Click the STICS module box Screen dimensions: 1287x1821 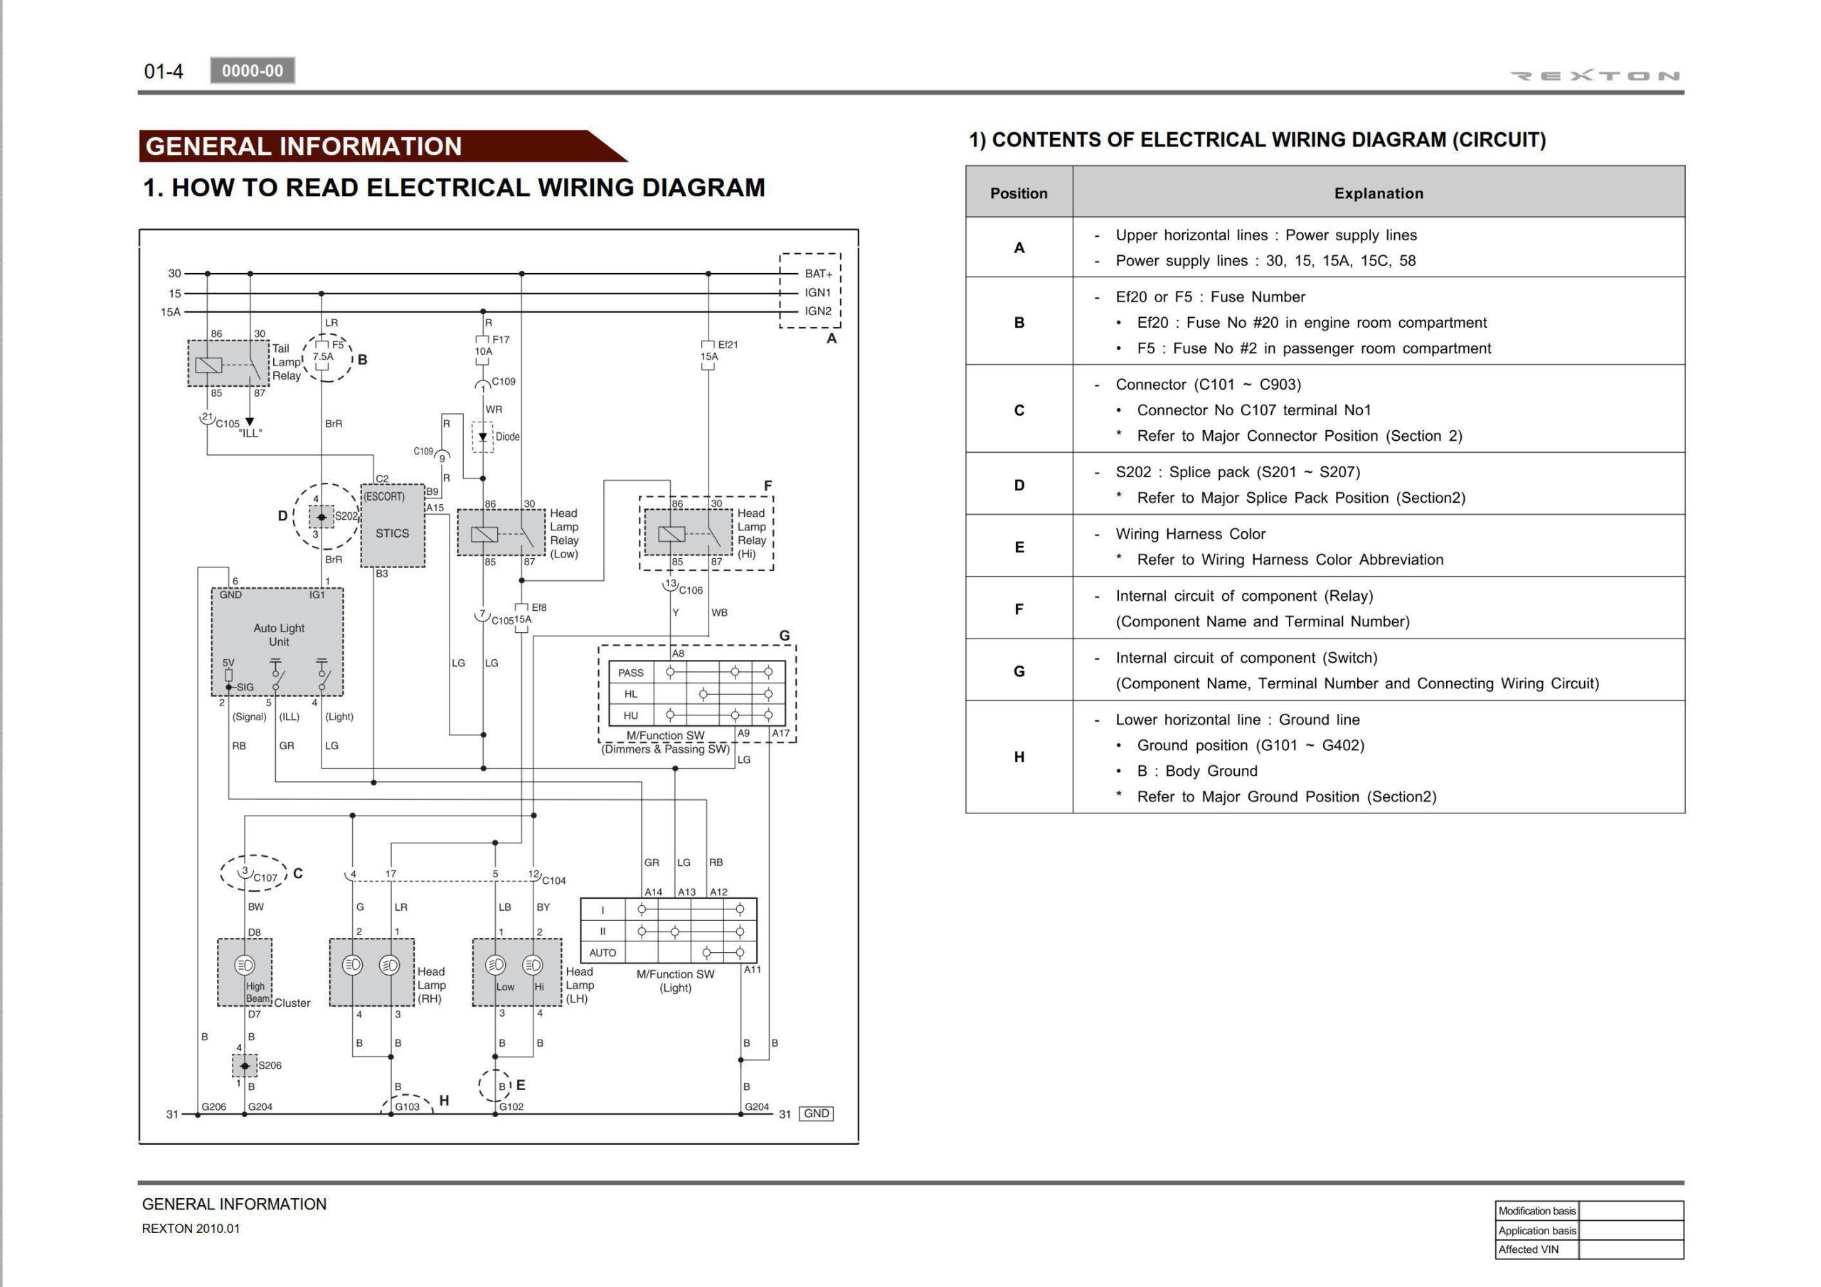click(393, 527)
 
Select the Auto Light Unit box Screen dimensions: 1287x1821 click(277, 641)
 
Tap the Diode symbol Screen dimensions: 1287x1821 click(482, 437)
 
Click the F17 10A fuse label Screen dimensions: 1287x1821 click(492, 346)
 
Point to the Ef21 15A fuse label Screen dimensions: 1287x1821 click(719, 351)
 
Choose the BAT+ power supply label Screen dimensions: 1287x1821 click(819, 274)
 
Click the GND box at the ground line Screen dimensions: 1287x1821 click(816, 1114)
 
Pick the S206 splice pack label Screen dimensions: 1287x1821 click(270, 1065)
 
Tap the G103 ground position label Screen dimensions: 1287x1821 click(407, 1106)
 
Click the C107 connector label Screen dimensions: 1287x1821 click(265, 877)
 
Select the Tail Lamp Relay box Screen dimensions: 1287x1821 click(228, 364)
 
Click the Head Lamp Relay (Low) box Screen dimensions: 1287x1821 click(501, 533)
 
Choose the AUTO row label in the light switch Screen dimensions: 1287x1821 click(602, 952)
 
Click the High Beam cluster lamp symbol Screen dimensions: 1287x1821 click(244, 965)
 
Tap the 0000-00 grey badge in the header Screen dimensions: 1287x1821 click(253, 70)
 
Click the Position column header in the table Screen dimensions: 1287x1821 click(1019, 193)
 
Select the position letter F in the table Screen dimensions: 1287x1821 click(1019, 608)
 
